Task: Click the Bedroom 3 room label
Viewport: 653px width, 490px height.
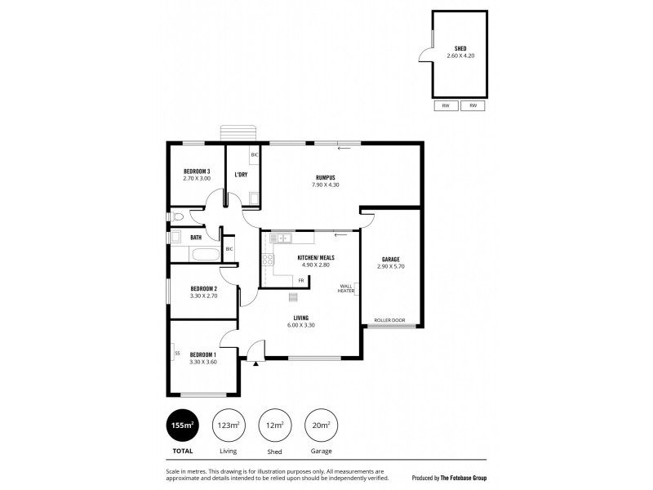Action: click(197, 171)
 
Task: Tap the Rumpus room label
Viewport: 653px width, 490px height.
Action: click(325, 177)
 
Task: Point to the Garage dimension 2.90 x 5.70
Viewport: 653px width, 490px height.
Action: click(391, 267)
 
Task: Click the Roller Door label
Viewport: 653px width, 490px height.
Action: click(388, 319)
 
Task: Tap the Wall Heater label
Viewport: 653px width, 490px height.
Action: click(347, 288)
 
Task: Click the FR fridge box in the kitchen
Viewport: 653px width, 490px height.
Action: click(301, 280)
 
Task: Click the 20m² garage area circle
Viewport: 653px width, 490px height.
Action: click(322, 425)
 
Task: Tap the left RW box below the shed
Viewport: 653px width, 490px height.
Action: click(446, 105)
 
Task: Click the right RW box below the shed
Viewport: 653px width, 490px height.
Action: click(473, 105)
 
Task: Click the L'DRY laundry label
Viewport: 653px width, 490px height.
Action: click(241, 175)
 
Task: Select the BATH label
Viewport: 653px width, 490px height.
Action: click(196, 238)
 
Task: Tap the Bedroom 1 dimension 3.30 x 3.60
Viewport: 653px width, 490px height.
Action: click(202, 362)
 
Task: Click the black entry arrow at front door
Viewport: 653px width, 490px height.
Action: click(255, 363)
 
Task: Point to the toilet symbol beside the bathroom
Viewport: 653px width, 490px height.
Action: click(178, 216)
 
